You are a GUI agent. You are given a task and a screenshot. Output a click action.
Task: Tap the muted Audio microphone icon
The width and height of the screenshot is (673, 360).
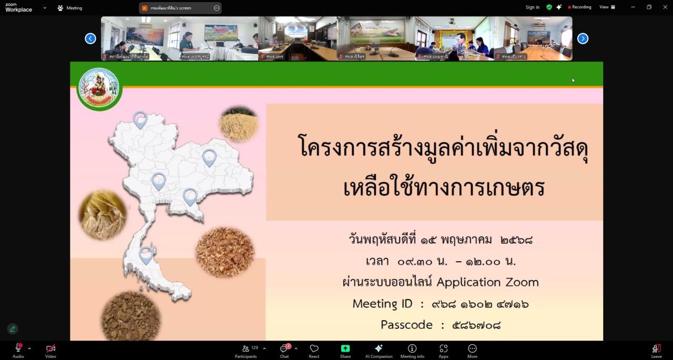(18, 348)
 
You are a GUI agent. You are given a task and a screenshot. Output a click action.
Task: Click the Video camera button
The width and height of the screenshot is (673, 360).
(50, 348)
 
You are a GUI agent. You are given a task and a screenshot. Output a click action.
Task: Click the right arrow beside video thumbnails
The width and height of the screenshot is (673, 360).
(583, 38)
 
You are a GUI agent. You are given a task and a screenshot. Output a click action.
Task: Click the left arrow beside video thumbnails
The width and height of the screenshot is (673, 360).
(90, 38)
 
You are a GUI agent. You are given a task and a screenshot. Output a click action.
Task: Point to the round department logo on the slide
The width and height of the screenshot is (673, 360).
(99, 88)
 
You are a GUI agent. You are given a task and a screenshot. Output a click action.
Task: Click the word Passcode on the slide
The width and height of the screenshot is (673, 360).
(406, 325)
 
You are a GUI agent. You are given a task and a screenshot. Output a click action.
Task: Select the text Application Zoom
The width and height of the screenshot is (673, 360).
(487, 282)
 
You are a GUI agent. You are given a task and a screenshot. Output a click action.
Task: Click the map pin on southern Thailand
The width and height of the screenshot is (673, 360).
(146, 255)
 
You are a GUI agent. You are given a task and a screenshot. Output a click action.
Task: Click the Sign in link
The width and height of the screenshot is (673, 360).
(532, 7)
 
